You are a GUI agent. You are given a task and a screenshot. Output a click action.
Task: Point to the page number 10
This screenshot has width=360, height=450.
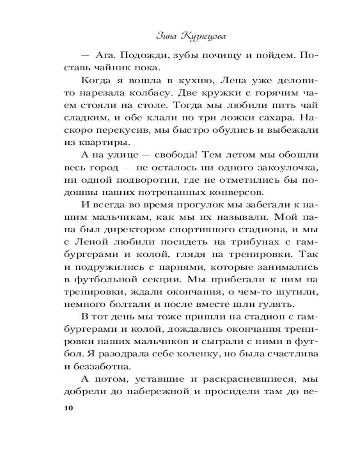tap(68, 408)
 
